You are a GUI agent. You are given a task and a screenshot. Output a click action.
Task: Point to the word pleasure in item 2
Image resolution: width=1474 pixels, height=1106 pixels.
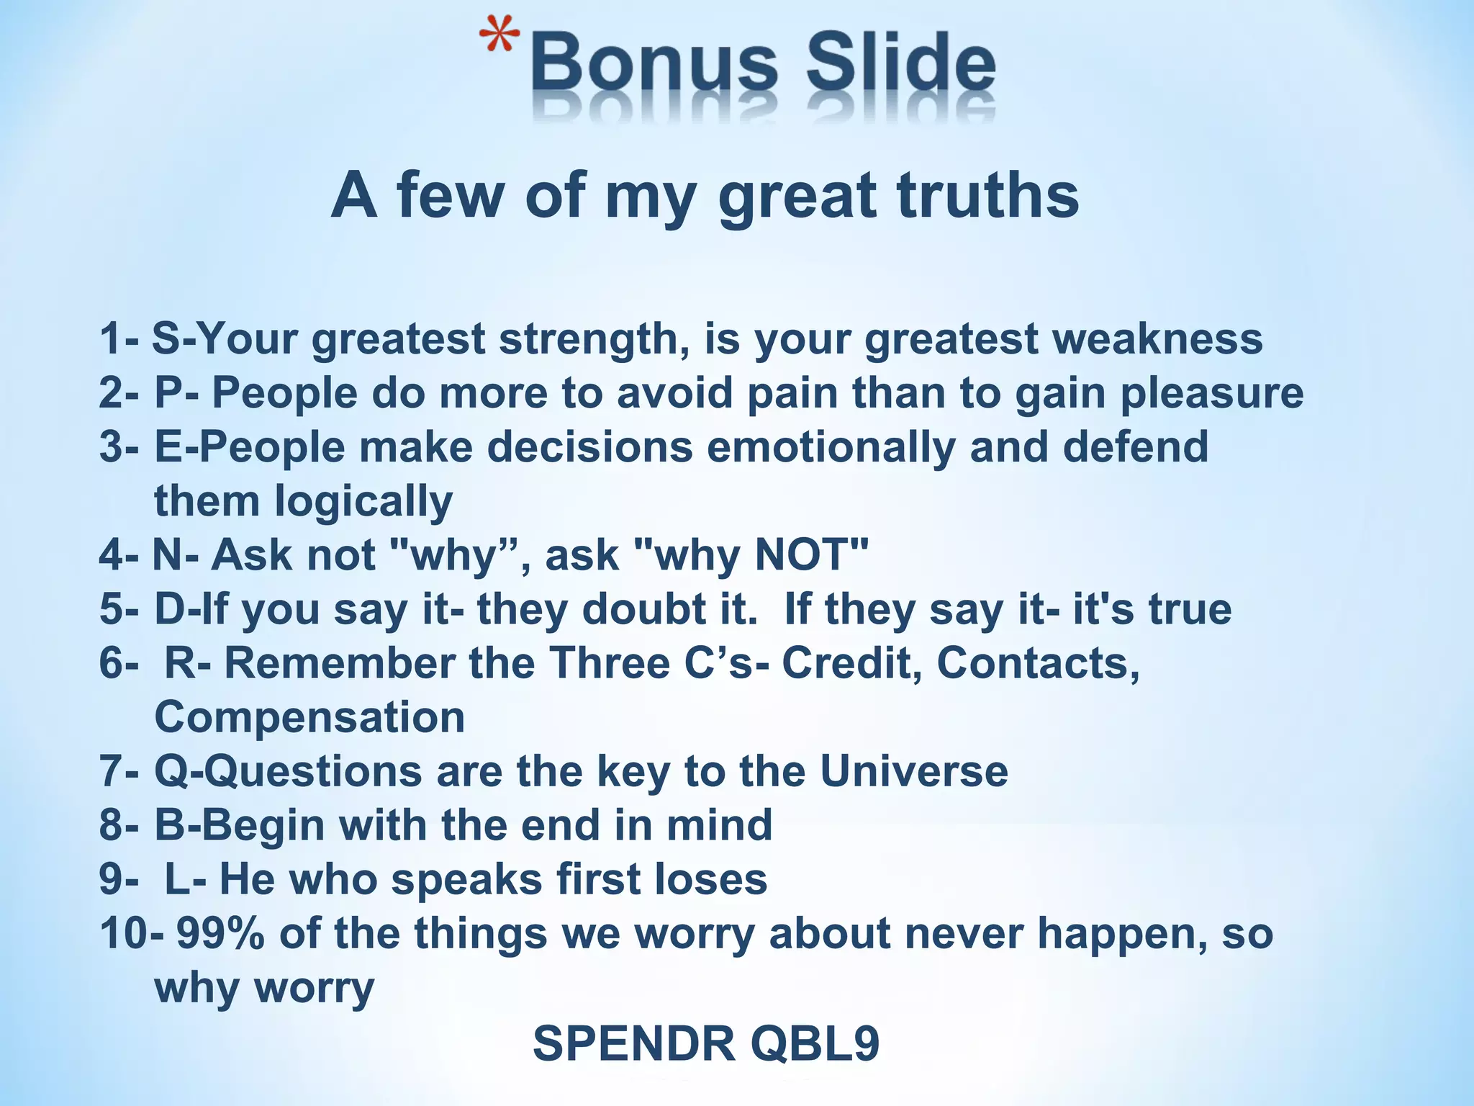(1212, 394)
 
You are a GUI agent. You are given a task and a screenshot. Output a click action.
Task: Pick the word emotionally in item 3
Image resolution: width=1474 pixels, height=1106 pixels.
(831, 447)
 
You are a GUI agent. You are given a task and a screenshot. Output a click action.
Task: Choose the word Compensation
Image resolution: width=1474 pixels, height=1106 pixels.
(309, 717)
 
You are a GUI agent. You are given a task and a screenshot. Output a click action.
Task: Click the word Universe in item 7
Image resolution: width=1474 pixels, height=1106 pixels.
(913, 771)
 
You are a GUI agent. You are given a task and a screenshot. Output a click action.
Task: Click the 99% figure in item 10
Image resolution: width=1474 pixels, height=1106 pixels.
(220, 933)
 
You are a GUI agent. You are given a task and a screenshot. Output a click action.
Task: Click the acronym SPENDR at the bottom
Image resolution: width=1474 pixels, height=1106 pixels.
(634, 1043)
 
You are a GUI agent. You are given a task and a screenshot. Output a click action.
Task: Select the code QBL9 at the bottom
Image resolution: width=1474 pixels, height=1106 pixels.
(815, 1043)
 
